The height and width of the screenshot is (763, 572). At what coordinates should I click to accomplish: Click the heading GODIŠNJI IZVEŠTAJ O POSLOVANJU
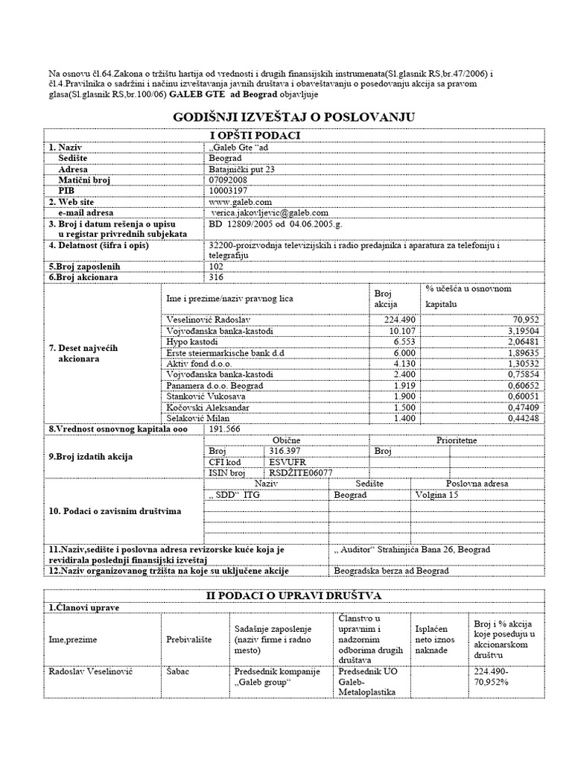pyautogui.click(x=293, y=118)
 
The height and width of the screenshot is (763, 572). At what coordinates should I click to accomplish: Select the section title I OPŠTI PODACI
pyautogui.click(x=255, y=135)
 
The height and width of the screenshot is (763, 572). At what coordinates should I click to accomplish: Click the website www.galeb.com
pyautogui.click(x=240, y=201)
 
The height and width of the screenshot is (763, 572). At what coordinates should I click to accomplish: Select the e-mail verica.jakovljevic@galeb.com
pyautogui.click(x=270, y=212)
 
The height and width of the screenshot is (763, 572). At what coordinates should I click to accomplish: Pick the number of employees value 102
pyautogui.click(x=217, y=266)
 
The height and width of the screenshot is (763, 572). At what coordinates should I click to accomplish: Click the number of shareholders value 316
pyautogui.click(x=217, y=277)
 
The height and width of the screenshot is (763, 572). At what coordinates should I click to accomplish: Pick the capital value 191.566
pyautogui.click(x=226, y=429)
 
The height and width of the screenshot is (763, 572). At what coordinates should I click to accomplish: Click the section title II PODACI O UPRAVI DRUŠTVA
pyautogui.click(x=293, y=595)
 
